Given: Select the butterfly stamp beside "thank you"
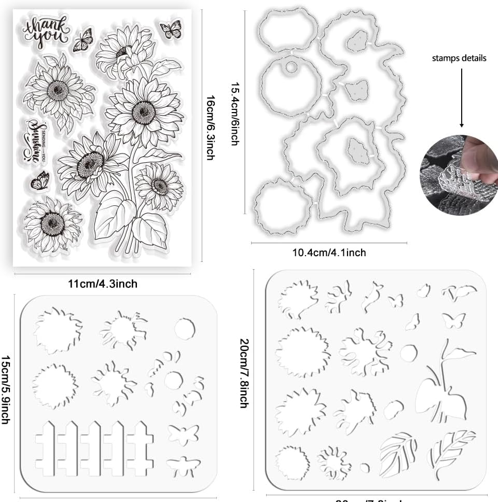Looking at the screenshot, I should click(83, 40).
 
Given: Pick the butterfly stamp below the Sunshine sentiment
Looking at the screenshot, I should click(40, 182).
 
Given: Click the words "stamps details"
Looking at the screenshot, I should click(459, 58).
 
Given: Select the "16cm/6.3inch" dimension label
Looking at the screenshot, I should click(210, 128).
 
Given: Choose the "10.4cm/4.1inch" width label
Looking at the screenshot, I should click(329, 253).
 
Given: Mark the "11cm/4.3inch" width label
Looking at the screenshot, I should click(103, 284).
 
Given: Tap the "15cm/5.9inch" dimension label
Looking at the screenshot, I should click(6, 389).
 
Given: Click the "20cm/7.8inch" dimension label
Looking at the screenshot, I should click(243, 373).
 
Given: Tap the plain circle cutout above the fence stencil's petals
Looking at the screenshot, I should click(184, 328).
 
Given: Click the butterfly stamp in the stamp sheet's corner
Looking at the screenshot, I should click(171, 29).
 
